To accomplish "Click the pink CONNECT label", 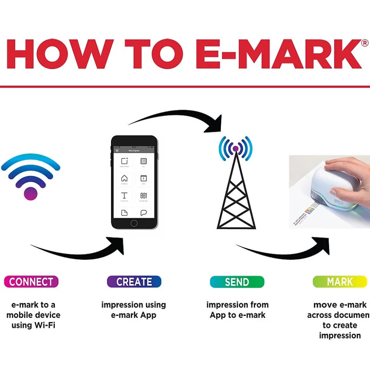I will [31, 282].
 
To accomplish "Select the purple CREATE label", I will [134, 282].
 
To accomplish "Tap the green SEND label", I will [236, 282].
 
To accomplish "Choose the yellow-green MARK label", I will [339, 282].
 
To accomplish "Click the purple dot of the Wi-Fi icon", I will [31, 193].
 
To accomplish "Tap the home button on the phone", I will [134, 223].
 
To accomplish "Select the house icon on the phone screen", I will [124, 178].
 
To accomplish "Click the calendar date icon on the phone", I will [143, 178].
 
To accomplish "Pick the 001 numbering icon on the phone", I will [143, 195].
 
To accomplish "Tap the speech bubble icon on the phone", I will [143, 213].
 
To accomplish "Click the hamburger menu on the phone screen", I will [117, 151].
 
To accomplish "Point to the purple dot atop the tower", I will [235, 148].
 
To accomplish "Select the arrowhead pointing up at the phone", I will [117, 244].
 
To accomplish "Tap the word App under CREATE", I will [147, 315].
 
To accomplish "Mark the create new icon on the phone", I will [124, 161].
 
